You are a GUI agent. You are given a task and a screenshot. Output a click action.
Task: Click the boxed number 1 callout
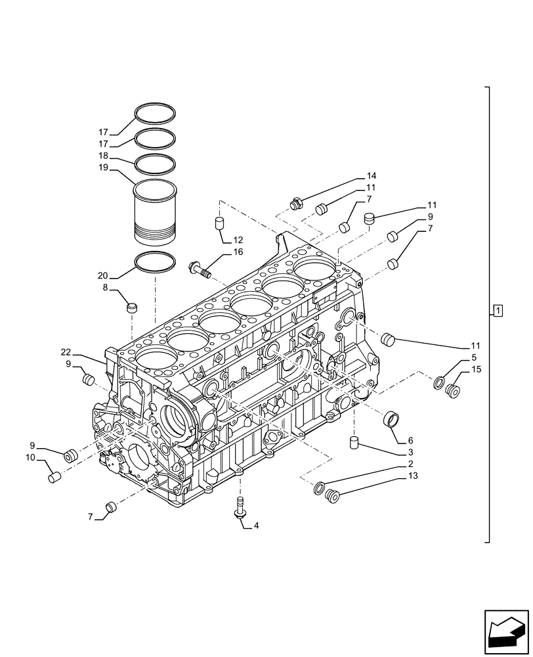click(x=498, y=310)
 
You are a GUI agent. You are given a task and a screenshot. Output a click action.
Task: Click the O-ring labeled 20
click(x=155, y=262)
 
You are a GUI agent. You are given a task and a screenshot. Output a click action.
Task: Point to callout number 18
click(x=104, y=157)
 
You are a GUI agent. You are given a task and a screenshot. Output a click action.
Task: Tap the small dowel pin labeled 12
click(x=221, y=224)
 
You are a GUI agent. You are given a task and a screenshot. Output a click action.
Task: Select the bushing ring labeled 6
click(x=392, y=419)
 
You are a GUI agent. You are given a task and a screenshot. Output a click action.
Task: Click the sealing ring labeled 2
click(x=319, y=487)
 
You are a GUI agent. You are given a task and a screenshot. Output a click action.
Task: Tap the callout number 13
click(x=412, y=475)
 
